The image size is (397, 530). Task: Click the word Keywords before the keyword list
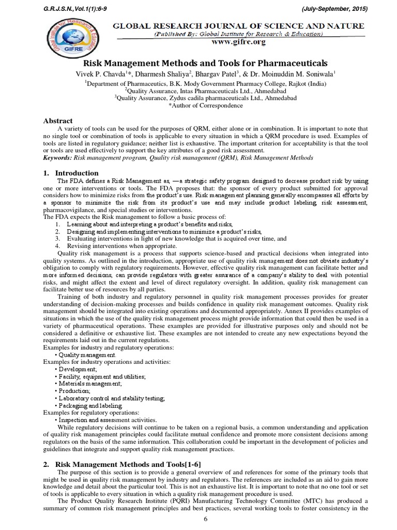click(57, 157)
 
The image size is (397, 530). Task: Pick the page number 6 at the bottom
click(206, 519)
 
